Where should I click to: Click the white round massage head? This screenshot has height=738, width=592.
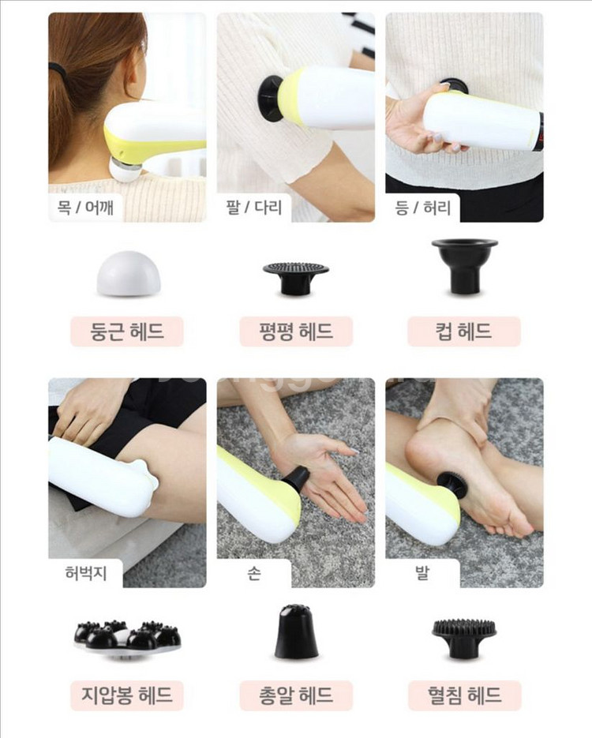click(129, 273)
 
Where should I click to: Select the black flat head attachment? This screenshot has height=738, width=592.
click(295, 278)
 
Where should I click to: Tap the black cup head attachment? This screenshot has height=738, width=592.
click(464, 267)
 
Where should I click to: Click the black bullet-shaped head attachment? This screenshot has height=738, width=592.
click(296, 632)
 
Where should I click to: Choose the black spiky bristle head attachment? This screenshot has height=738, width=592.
click(464, 639)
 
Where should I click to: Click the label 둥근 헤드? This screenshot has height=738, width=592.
click(127, 331)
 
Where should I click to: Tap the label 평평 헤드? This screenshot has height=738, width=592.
click(296, 331)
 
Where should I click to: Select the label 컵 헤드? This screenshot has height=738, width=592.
click(464, 331)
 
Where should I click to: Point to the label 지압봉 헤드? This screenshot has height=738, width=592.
click(127, 695)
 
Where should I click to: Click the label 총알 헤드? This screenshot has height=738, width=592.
click(296, 695)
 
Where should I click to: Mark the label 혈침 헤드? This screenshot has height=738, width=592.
click(464, 695)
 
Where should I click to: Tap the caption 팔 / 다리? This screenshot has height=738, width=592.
click(253, 207)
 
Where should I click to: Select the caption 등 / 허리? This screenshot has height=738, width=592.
click(422, 207)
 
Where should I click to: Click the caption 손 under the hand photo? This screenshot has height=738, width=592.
click(253, 573)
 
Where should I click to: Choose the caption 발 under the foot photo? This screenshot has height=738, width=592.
click(422, 573)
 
